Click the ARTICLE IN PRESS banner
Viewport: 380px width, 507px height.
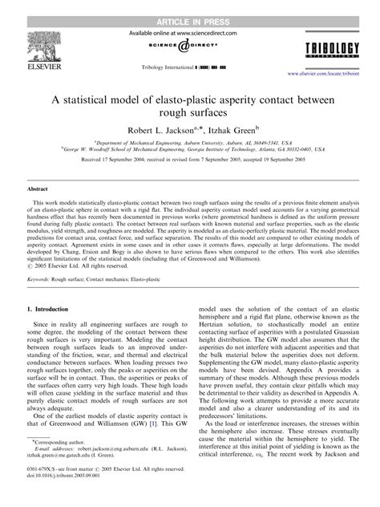[x=189, y=6]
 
